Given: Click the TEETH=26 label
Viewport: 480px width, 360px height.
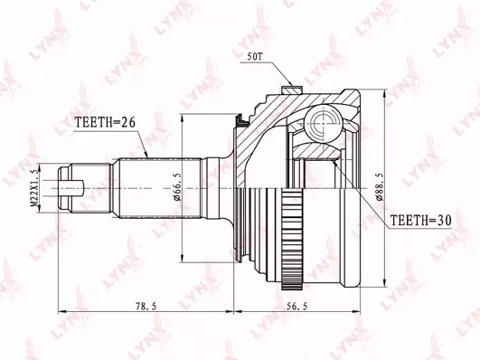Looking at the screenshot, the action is pyautogui.click(x=105, y=122).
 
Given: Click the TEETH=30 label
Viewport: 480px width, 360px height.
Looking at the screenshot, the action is pyautogui.click(x=421, y=220).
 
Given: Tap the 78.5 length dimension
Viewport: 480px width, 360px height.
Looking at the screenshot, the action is pyautogui.click(x=145, y=306).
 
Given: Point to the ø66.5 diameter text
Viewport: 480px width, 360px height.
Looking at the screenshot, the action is pyautogui.click(x=177, y=187).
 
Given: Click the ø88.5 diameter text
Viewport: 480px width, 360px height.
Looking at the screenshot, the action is pyautogui.click(x=379, y=187).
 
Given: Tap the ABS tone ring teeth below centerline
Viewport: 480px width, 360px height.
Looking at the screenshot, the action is pyautogui.click(x=292, y=239).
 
